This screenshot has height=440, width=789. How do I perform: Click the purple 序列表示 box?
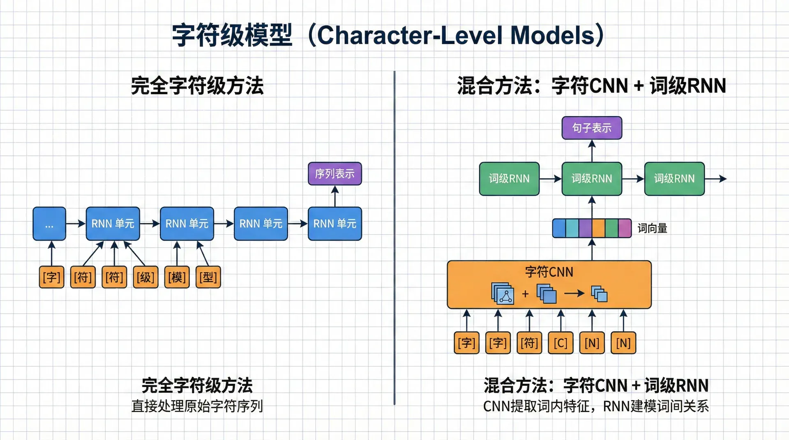[x=335, y=174]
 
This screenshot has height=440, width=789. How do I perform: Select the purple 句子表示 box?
[x=592, y=128]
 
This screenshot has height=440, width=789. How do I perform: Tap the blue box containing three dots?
[x=49, y=224]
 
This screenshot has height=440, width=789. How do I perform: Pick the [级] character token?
[x=145, y=277]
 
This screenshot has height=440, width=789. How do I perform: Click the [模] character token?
[x=177, y=277]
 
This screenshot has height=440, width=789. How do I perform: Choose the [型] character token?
[x=208, y=277]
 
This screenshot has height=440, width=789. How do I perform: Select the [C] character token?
[x=561, y=343]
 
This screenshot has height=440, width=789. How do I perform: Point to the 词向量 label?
[x=652, y=229]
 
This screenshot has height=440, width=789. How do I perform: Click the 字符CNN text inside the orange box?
[x=549, y=272]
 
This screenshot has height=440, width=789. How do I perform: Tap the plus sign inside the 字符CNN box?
[x=525, y=294]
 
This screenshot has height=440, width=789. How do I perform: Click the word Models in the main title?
[x=552, y=35]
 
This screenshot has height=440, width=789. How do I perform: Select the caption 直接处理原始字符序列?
[x=197, y=406]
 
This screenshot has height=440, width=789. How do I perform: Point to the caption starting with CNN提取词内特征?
[x=596, y=406]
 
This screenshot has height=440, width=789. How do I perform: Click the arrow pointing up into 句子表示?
[x=592, y=151]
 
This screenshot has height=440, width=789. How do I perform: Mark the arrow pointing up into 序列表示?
[x=335, y=196]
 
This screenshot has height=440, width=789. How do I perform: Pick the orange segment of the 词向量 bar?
[x=598, y=229]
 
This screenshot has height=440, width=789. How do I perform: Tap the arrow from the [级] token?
[x=135, y=254]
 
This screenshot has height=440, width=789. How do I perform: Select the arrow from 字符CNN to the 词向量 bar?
[x=592, y=249]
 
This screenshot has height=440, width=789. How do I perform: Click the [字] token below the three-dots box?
[x=52, y=277]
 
